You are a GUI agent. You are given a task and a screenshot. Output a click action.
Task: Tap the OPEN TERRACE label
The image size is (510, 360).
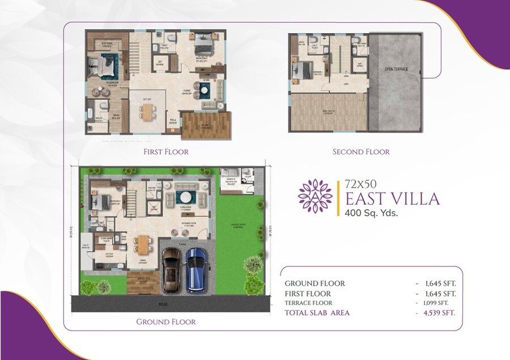coord(396,69)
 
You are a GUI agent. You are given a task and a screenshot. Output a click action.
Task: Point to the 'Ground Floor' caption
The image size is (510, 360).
coord(166,321)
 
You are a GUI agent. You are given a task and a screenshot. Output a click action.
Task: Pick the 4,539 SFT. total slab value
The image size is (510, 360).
coord(435,312)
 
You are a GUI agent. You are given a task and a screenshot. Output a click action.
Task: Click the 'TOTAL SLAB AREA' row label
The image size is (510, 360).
coord(317,312)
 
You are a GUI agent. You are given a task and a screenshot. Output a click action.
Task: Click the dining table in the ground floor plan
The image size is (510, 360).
coord(143,245)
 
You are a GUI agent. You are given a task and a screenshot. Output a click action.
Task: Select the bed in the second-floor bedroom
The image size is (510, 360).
coord(300,71)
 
